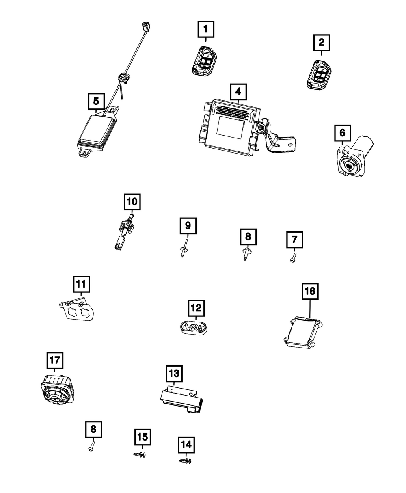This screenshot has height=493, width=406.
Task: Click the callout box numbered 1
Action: (205, 29)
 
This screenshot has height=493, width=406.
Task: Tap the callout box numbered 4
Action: (238, 92)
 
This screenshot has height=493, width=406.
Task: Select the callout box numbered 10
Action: (132, 201)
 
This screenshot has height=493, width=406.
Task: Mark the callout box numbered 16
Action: (310, 292)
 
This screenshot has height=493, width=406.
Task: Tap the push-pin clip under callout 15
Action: (140, 455)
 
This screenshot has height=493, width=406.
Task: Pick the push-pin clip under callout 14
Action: (186, 461)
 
